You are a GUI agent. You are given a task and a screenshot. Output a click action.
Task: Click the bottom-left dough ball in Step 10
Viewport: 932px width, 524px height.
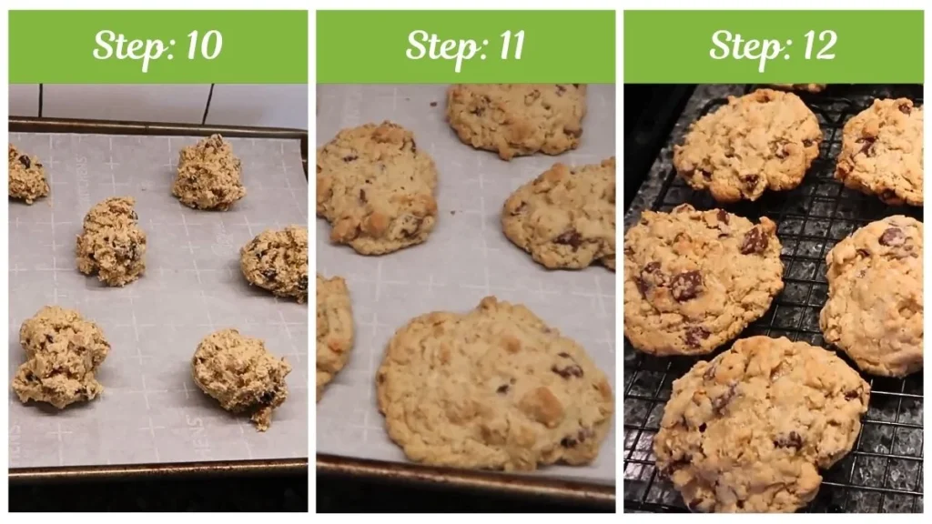pyautogui.click(x=59, y=357)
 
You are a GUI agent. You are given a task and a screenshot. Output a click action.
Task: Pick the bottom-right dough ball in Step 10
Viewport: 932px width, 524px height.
pyautogui.click(x=241, y=375)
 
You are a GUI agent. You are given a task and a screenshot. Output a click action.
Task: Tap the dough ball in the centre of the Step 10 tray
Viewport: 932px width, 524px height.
pyautogui.click(x=111, y=241)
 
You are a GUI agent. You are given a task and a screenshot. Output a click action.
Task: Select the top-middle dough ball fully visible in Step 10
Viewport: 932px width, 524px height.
pyautogui.click(x=209, y=173)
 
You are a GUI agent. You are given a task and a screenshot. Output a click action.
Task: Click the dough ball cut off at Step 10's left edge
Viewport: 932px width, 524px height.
pyautogui.click(x=27, y=175)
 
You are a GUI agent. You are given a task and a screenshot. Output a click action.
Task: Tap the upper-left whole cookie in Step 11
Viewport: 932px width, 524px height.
pyautogui.click(x=377, y=187)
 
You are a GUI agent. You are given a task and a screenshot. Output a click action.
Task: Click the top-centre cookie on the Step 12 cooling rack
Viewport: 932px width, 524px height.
pyautogui.click(x=746, y=143)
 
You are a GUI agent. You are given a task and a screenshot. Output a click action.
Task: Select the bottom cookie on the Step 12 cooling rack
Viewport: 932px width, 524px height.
pyautogui.click(x=760, y=421)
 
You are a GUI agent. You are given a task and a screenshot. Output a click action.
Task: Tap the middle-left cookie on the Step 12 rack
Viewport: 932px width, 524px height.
pyautogui.click(x=702, y=278)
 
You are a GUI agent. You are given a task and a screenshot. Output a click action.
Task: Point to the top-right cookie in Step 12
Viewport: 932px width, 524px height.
pyautogui.click(x=881, y=150)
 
